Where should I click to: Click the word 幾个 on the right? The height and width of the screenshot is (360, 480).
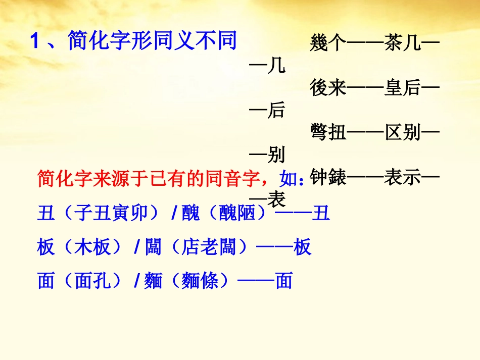click(328, 44)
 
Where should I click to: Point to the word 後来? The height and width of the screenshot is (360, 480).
click(328, 88)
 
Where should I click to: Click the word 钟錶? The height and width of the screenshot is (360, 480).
click(328, 178)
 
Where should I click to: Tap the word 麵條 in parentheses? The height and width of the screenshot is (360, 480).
click(201, 281)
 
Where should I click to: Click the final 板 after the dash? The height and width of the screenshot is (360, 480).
click(303, 247)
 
